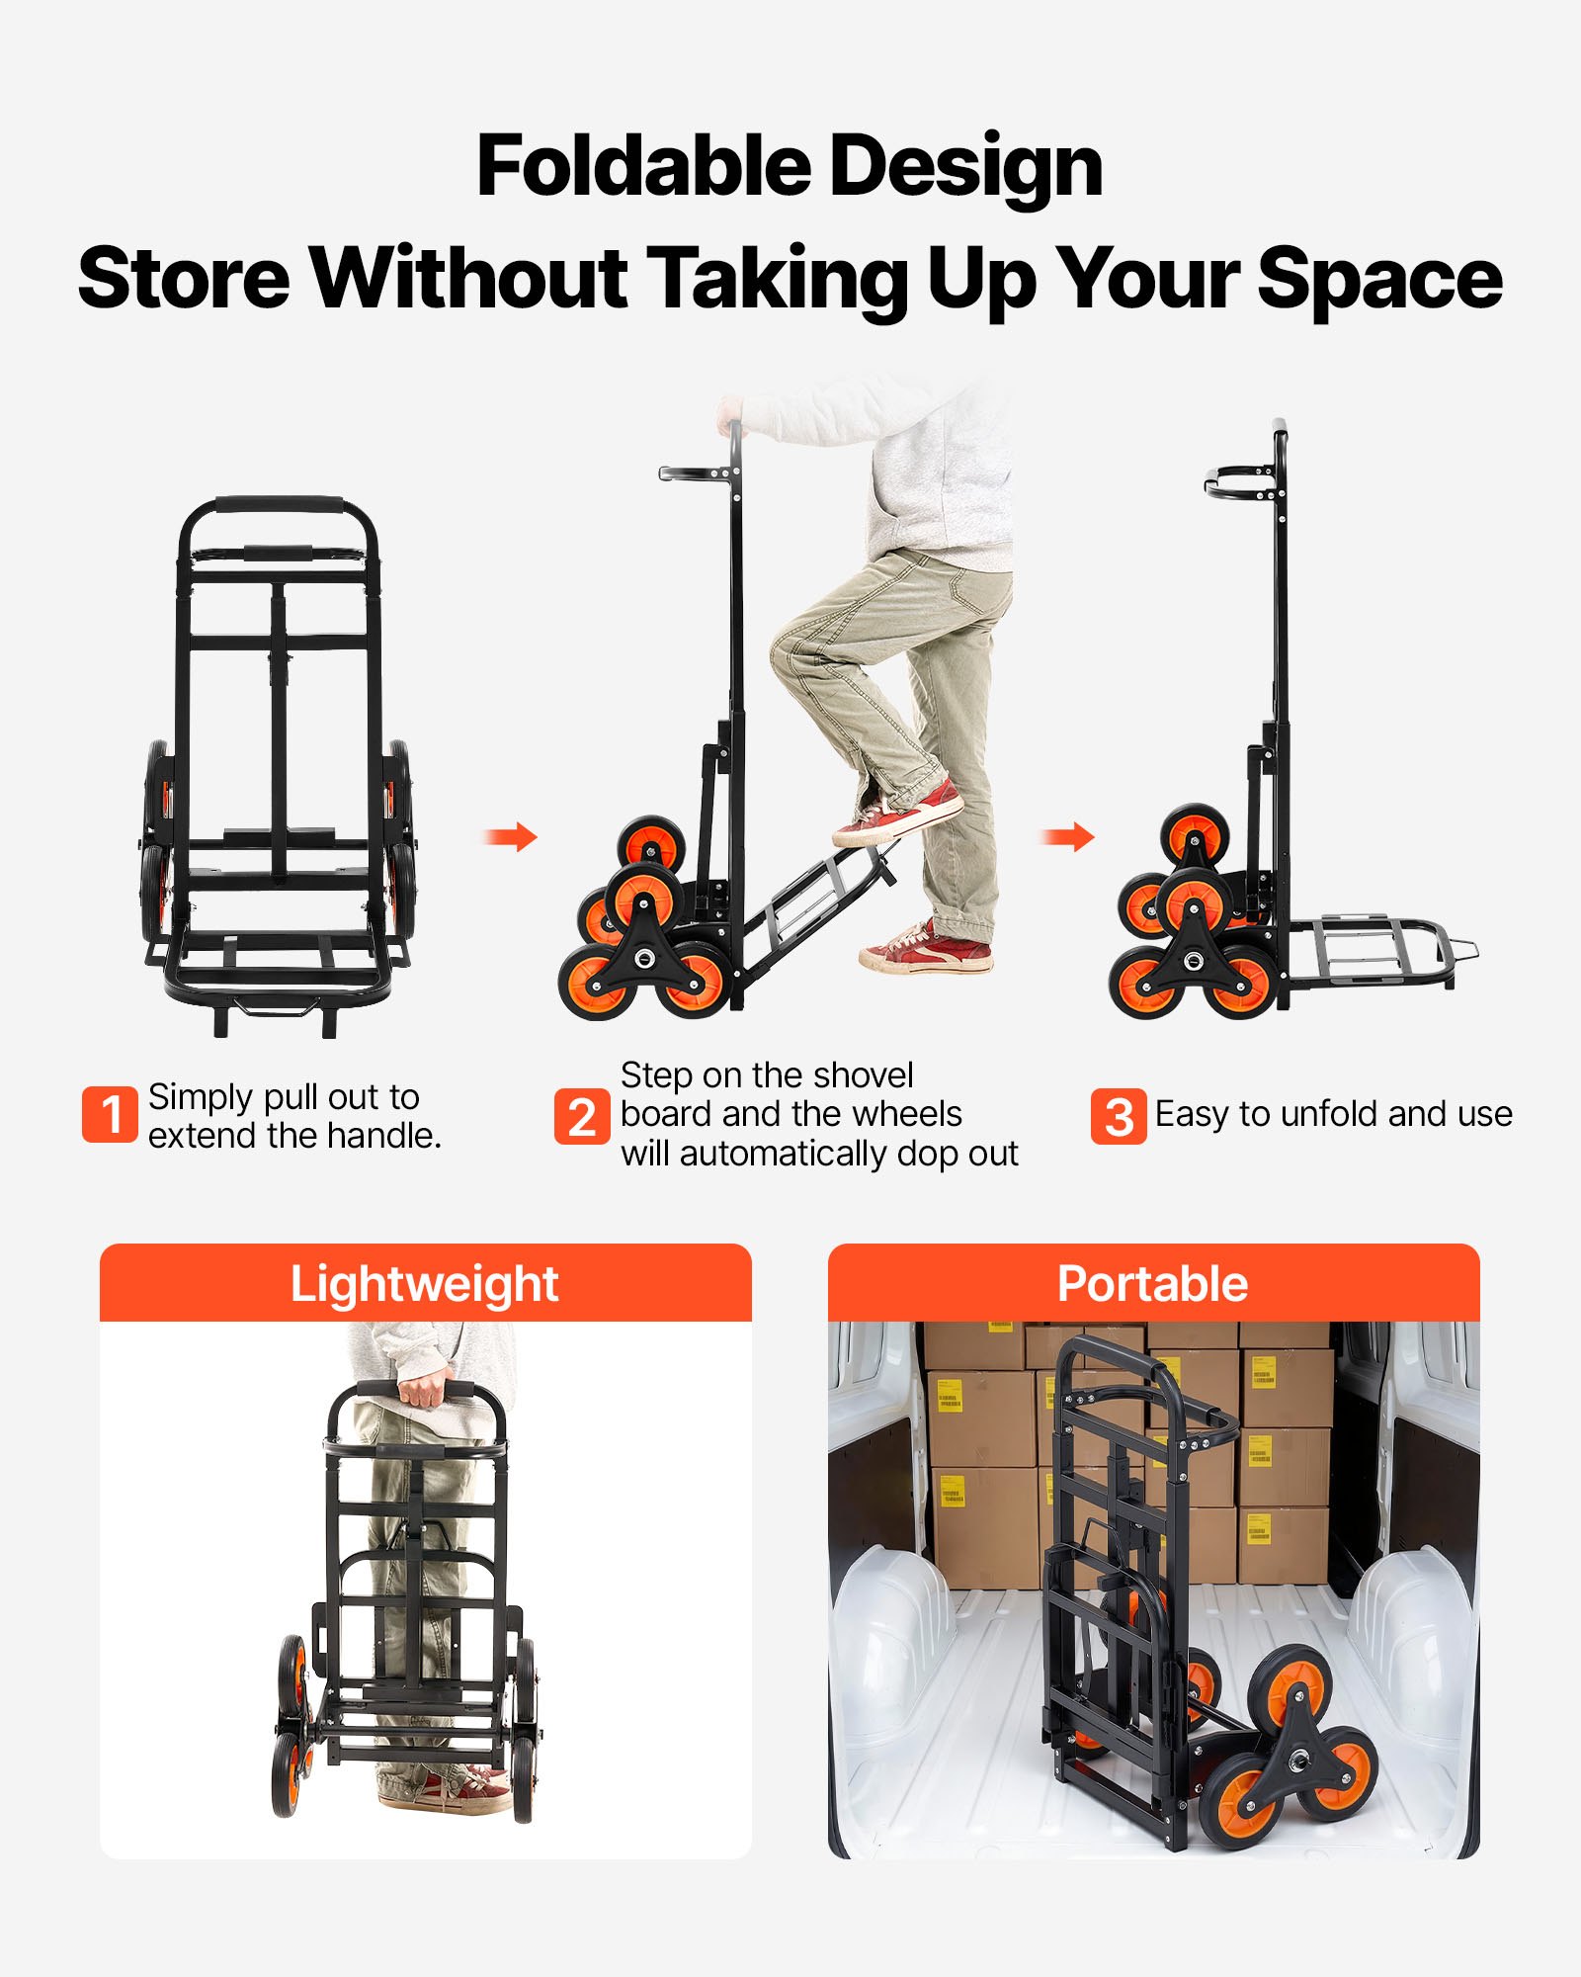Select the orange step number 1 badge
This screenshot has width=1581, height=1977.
tap(110, 1115)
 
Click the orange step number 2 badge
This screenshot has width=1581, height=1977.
tap(582, 1117)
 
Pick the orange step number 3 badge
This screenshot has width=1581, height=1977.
tap(1119, 1117)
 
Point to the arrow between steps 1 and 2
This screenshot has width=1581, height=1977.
tap(511, 838)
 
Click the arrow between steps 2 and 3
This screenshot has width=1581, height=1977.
tap(1068, 838)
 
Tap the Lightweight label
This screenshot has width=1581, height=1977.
tap(424, 1284)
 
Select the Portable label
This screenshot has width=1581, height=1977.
tap(1152, 1284)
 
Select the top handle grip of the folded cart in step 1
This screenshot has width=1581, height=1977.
tap(278, 505)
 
